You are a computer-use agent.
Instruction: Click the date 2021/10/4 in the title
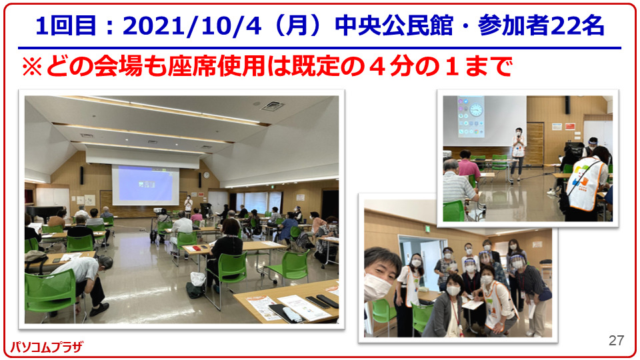point(192,26)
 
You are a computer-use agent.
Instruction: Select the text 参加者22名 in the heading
point(541,26)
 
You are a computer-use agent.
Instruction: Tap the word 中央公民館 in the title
point(394,26)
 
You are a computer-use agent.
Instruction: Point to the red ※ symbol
point(32,66)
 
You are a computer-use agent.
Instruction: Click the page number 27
point(616,340)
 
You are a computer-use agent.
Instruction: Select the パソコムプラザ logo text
point(46,347)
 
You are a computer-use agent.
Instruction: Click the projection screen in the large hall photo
point(145,185)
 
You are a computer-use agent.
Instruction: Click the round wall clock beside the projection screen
point(206,175)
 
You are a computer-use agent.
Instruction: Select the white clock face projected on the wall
point(475,109)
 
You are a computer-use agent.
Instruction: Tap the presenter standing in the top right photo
point(517,154)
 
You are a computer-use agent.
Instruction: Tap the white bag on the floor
point(197,279)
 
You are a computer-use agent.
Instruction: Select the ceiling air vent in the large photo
point(272,107)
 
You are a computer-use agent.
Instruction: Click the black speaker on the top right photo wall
point(567,105)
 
